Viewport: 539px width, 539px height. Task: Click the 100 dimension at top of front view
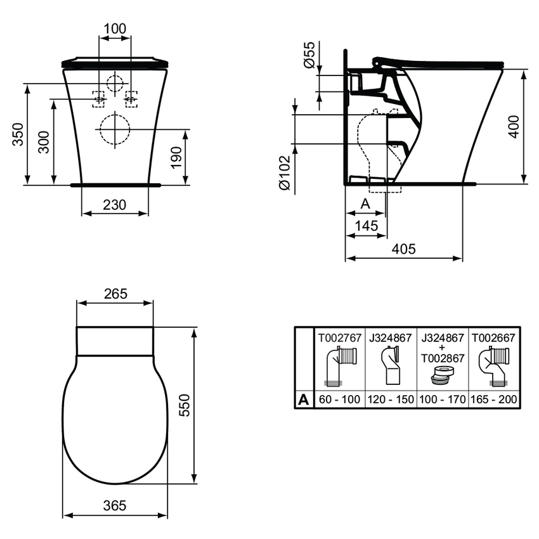(115, 29)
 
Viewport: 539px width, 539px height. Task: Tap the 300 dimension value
(43, 143)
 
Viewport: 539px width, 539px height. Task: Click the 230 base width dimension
(115, 205)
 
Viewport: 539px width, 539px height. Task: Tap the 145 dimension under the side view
(367, 225)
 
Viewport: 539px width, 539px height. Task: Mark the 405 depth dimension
(403, 249)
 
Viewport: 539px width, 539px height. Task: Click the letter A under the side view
(365, 204)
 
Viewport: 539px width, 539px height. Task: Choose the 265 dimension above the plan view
(115, 294)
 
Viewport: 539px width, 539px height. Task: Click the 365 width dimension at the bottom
(115, 505)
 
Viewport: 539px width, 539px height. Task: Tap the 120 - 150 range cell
(391, 399)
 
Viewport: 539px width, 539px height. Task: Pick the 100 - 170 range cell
(443, 399)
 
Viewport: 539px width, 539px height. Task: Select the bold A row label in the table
(304, 399)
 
